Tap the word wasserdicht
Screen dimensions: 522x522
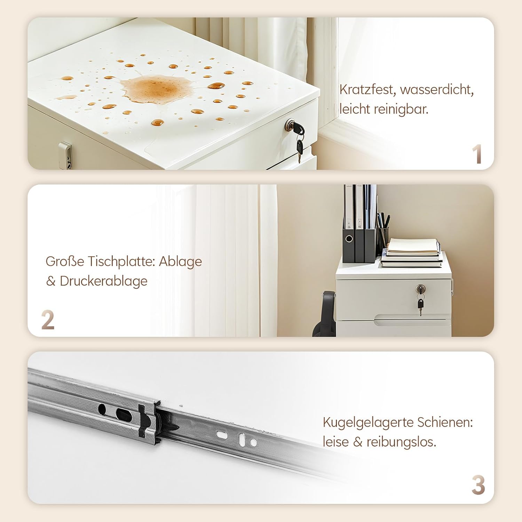[437, 90]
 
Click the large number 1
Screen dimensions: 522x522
[477, 154]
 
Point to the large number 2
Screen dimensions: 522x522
[48, 320]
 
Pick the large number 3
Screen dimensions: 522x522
[478, 485]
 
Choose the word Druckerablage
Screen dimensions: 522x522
[104, 281]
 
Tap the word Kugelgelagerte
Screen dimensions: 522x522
[368, 423]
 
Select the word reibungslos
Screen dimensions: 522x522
[401, 442]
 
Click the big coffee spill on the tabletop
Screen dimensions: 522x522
[156, 87]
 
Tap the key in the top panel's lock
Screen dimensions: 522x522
[299, 139]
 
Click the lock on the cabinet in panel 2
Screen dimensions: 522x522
[420, 288]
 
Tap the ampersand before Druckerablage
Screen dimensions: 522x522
[51, 281]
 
